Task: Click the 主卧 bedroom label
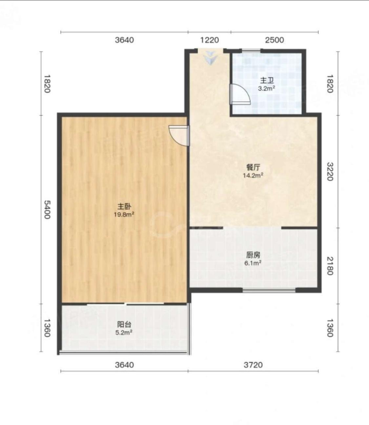click(x=124, y=206)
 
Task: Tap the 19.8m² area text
click(x=124, y=215)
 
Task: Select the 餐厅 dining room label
click(x=253, y=167)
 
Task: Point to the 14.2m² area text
click(x=253, y=176)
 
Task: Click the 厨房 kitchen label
click(x=253, y=255)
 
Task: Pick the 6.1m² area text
click(x=253, y=263)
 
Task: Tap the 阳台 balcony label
click(x=124, y=324)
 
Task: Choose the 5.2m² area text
click(x=124, y=332)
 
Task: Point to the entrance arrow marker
click(x=210, y=58)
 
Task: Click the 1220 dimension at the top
click(x=210, y=40)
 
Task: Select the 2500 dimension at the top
click(x=275, y=40)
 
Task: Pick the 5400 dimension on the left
click(x=47, y=210)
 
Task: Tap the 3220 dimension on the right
click(x=330, y=172)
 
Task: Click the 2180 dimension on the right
click(x=330, y=266)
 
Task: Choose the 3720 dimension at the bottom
click(x=253, y=365)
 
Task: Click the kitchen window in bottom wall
click(x=269, y=290)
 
